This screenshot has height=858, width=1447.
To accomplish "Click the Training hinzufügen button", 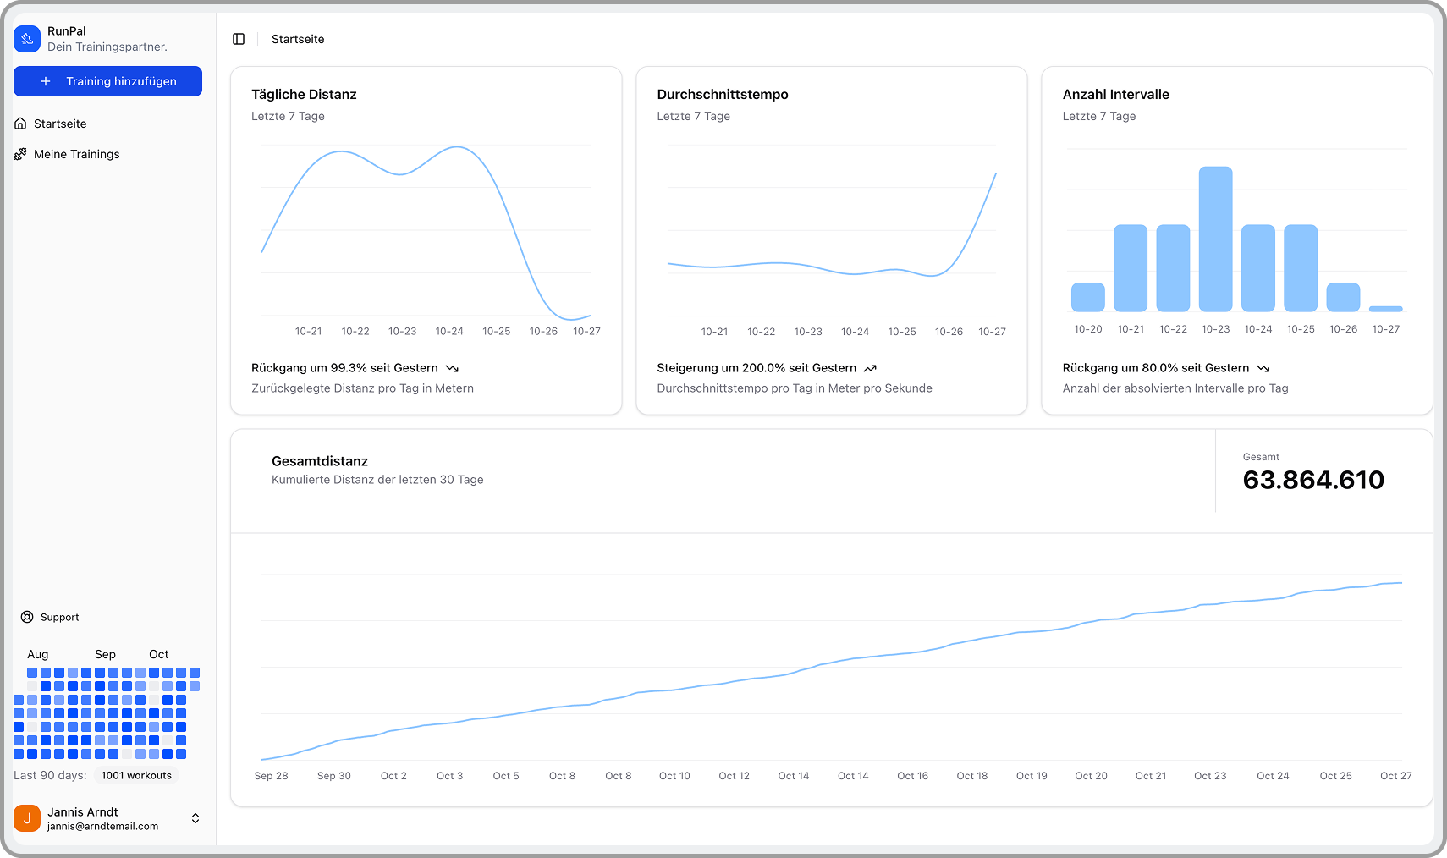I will (107, 81).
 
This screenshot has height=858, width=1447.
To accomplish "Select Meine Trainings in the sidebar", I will (76, 154).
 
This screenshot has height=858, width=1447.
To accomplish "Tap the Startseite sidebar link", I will (60, 124).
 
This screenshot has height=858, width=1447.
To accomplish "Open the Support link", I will (59, 617).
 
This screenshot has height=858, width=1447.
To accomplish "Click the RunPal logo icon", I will (27, 39).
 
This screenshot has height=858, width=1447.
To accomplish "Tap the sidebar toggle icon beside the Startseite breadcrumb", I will (239, 39).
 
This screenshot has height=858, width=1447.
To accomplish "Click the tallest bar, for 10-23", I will (1215, 239).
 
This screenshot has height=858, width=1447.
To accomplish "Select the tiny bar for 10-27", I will (1385, 309).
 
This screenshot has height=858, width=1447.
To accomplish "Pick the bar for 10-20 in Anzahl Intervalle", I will (1087, 297).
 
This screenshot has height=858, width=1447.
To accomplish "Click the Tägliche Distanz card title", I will (304, 94).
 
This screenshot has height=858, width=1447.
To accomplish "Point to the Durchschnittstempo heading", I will (722, 94).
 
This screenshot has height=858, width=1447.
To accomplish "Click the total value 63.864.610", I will (1313, 480).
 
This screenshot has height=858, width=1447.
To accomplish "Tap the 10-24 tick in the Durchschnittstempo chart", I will (855, 332).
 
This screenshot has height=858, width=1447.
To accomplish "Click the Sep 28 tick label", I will (271, 776).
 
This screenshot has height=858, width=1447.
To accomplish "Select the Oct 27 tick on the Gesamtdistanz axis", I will (1395, 776).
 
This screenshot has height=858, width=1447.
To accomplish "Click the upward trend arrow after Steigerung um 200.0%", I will (870, 368).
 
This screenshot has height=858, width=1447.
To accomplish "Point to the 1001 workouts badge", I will (136, 775).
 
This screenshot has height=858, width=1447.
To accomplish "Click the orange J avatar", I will (27, 818).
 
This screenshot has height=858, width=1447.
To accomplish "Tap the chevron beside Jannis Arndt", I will (195, 818).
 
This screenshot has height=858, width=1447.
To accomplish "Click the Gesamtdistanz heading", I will (320, 461).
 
